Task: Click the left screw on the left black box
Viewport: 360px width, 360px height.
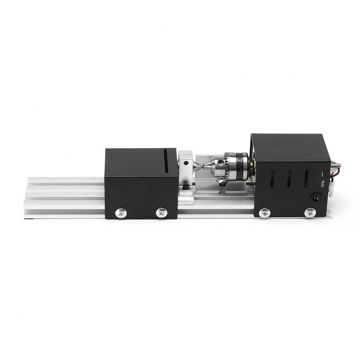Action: [x=120, y=213]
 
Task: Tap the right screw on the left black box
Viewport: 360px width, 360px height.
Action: [x=162, y=212]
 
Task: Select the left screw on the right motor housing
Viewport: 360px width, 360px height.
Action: [x=264, y=213]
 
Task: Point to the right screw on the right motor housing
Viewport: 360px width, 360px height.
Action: [x=310, y=213]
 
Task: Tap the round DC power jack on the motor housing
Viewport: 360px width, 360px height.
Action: [x=316, y=198]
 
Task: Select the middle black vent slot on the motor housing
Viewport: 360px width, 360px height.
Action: [x=289, y=179]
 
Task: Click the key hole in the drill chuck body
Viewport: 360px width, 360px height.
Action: [x=220, y=162]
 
